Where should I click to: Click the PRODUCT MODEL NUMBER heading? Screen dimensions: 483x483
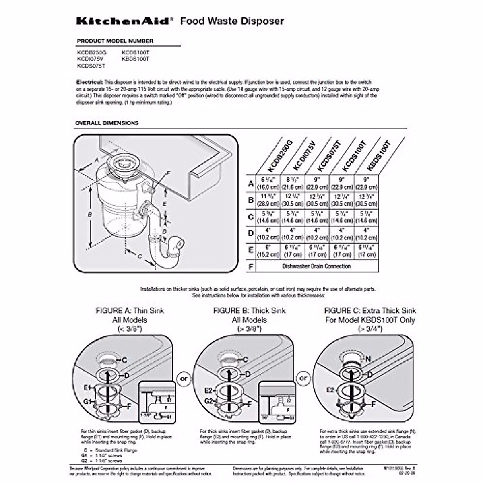(115, 41)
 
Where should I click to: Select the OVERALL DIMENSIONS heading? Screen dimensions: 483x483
(107, 123)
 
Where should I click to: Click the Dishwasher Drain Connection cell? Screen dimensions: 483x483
(316, 266)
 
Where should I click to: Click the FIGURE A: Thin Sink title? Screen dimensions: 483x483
(130, 311)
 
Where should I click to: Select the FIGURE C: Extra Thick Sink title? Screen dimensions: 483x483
(370, 311)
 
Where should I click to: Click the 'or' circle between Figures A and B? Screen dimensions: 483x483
(184, 378)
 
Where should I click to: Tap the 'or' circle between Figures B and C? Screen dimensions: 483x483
(303, 378)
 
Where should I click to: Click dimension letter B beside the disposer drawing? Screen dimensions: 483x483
(90, 215)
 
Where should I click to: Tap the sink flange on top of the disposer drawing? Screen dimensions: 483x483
(120, 163)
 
